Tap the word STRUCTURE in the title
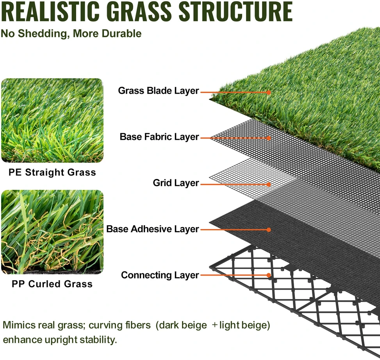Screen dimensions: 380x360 pos(235,11)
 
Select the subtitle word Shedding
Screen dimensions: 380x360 pos(42,34)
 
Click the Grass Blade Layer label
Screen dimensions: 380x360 pos(159,91)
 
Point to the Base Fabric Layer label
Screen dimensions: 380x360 pos(159,137)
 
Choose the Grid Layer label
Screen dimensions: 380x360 pos(176,183)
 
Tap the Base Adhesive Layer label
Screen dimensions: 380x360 pos(152,229)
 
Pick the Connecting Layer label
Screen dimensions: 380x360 pos(160,275)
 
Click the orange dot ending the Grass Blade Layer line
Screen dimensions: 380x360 pos(269,92)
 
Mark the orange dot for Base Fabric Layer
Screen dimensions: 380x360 pos(269,138)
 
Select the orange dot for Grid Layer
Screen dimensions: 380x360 pos(269,184)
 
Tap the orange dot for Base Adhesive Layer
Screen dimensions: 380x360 pos(269,230)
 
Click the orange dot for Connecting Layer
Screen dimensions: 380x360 pos(269,275)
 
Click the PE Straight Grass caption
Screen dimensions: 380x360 pos(52,172)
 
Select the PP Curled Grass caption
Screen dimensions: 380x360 pos(52,284)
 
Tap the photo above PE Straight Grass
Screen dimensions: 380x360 pos(52,120)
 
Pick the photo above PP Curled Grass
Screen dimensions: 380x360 pos(52,232)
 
